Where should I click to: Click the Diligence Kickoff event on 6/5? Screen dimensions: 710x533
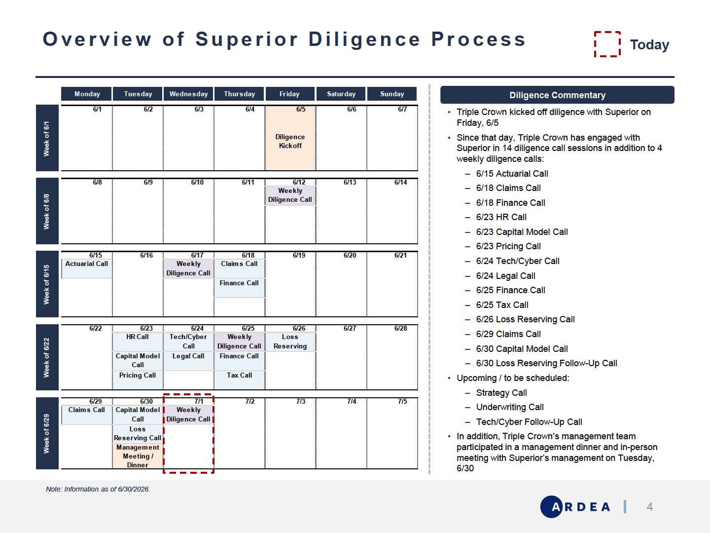pyautogui.click(x=290, y=141)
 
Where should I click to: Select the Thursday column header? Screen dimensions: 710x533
pyautogui.click(x=239, y=94)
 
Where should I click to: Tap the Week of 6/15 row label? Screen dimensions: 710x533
pyautogui.click(x=47, y=284)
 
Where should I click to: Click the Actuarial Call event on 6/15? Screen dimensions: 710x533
pyautogui.click(x=86, y=268)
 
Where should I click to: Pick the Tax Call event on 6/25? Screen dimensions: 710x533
pyautogui.click(x=239, y=380)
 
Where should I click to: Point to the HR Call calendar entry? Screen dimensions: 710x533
pyautogui.click(x=138, y=342)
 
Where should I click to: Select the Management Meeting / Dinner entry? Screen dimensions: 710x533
pyautogui.click(x=138, y=456)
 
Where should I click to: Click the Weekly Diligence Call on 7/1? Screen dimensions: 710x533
pyautogui.click(x=188, y=414)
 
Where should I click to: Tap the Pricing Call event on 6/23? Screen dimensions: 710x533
pyautogui.click(x=138, y=380)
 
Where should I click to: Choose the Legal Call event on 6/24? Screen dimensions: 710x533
pyautogui.click(x=188, y=360)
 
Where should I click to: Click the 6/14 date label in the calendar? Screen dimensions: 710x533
pyautogui.click(x=400, y=182)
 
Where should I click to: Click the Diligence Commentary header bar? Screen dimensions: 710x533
pyautogui.click(x=557, y=95)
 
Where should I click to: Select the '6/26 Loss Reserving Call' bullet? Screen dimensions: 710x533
pyautogui.click(x=525, y=319)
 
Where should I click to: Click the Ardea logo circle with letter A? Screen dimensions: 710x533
pyautogui.click(x=552, y=506)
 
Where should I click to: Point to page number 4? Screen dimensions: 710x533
pyautogui.click(x=649, y=506)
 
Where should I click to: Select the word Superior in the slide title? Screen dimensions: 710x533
pyautogui.click(x=246, y=39)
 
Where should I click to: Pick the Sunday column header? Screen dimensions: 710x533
pyautogui.click(x=391, y=94)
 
